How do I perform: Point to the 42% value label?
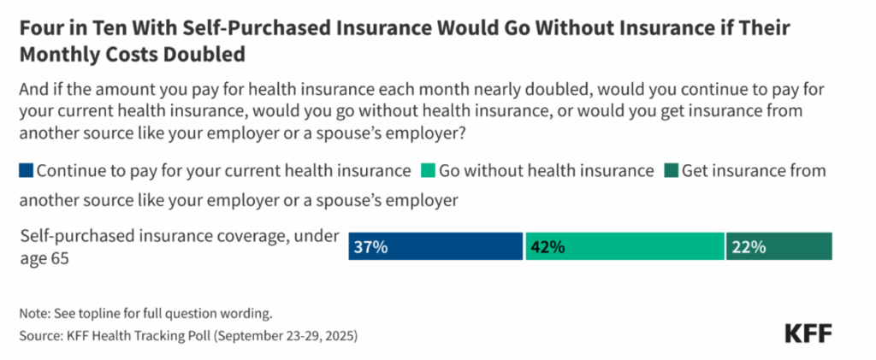547,247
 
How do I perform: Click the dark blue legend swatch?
26,170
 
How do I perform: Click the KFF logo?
808,333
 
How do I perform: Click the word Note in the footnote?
33,313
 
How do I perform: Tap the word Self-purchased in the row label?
74,236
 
